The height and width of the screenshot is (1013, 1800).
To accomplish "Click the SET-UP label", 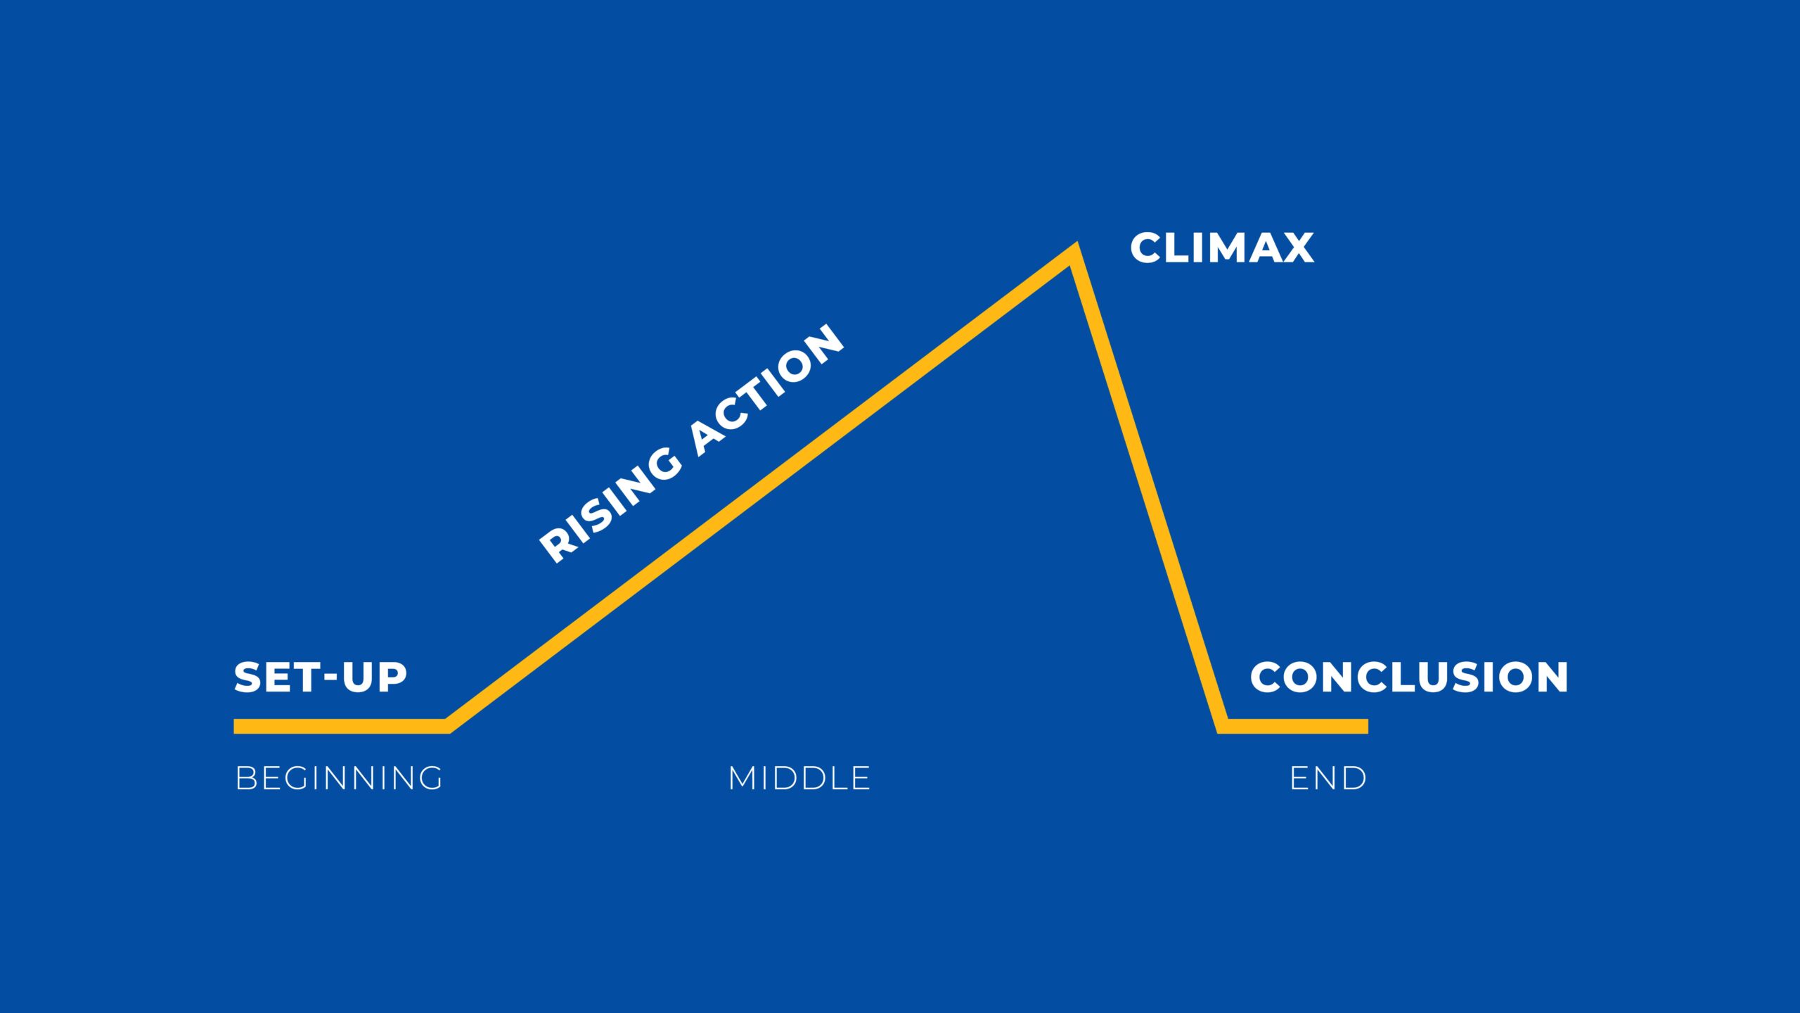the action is (321, 677).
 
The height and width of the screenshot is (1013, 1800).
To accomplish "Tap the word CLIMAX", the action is (1222, 248).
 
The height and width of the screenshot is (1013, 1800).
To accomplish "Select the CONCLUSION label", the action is (1409, 677).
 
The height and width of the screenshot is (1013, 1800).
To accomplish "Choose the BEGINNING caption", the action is (339, 778).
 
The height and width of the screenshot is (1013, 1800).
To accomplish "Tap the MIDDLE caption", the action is (799, 778).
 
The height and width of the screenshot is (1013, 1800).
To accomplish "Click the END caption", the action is (1328, 778).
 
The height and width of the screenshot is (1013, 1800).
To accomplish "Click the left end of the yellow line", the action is (235, 726).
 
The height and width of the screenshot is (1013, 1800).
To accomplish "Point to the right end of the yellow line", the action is (1367, 726).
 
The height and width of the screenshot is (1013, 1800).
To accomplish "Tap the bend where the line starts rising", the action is (447, 726).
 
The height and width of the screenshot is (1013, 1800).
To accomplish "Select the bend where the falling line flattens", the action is (1223, 726).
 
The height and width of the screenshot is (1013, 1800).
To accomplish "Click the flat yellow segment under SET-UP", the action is (341, 726).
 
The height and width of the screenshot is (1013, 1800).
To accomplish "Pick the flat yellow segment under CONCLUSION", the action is (1295, 726).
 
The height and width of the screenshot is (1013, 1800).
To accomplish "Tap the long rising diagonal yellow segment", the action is (761, 489).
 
